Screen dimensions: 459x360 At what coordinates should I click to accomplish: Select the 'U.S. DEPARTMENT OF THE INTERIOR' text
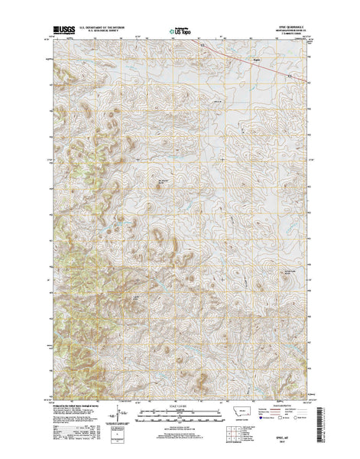[x=105, y=24]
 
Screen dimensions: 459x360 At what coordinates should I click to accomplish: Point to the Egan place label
[x=258, y=57]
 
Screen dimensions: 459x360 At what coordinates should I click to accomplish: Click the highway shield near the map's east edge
[x=290, y=76]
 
